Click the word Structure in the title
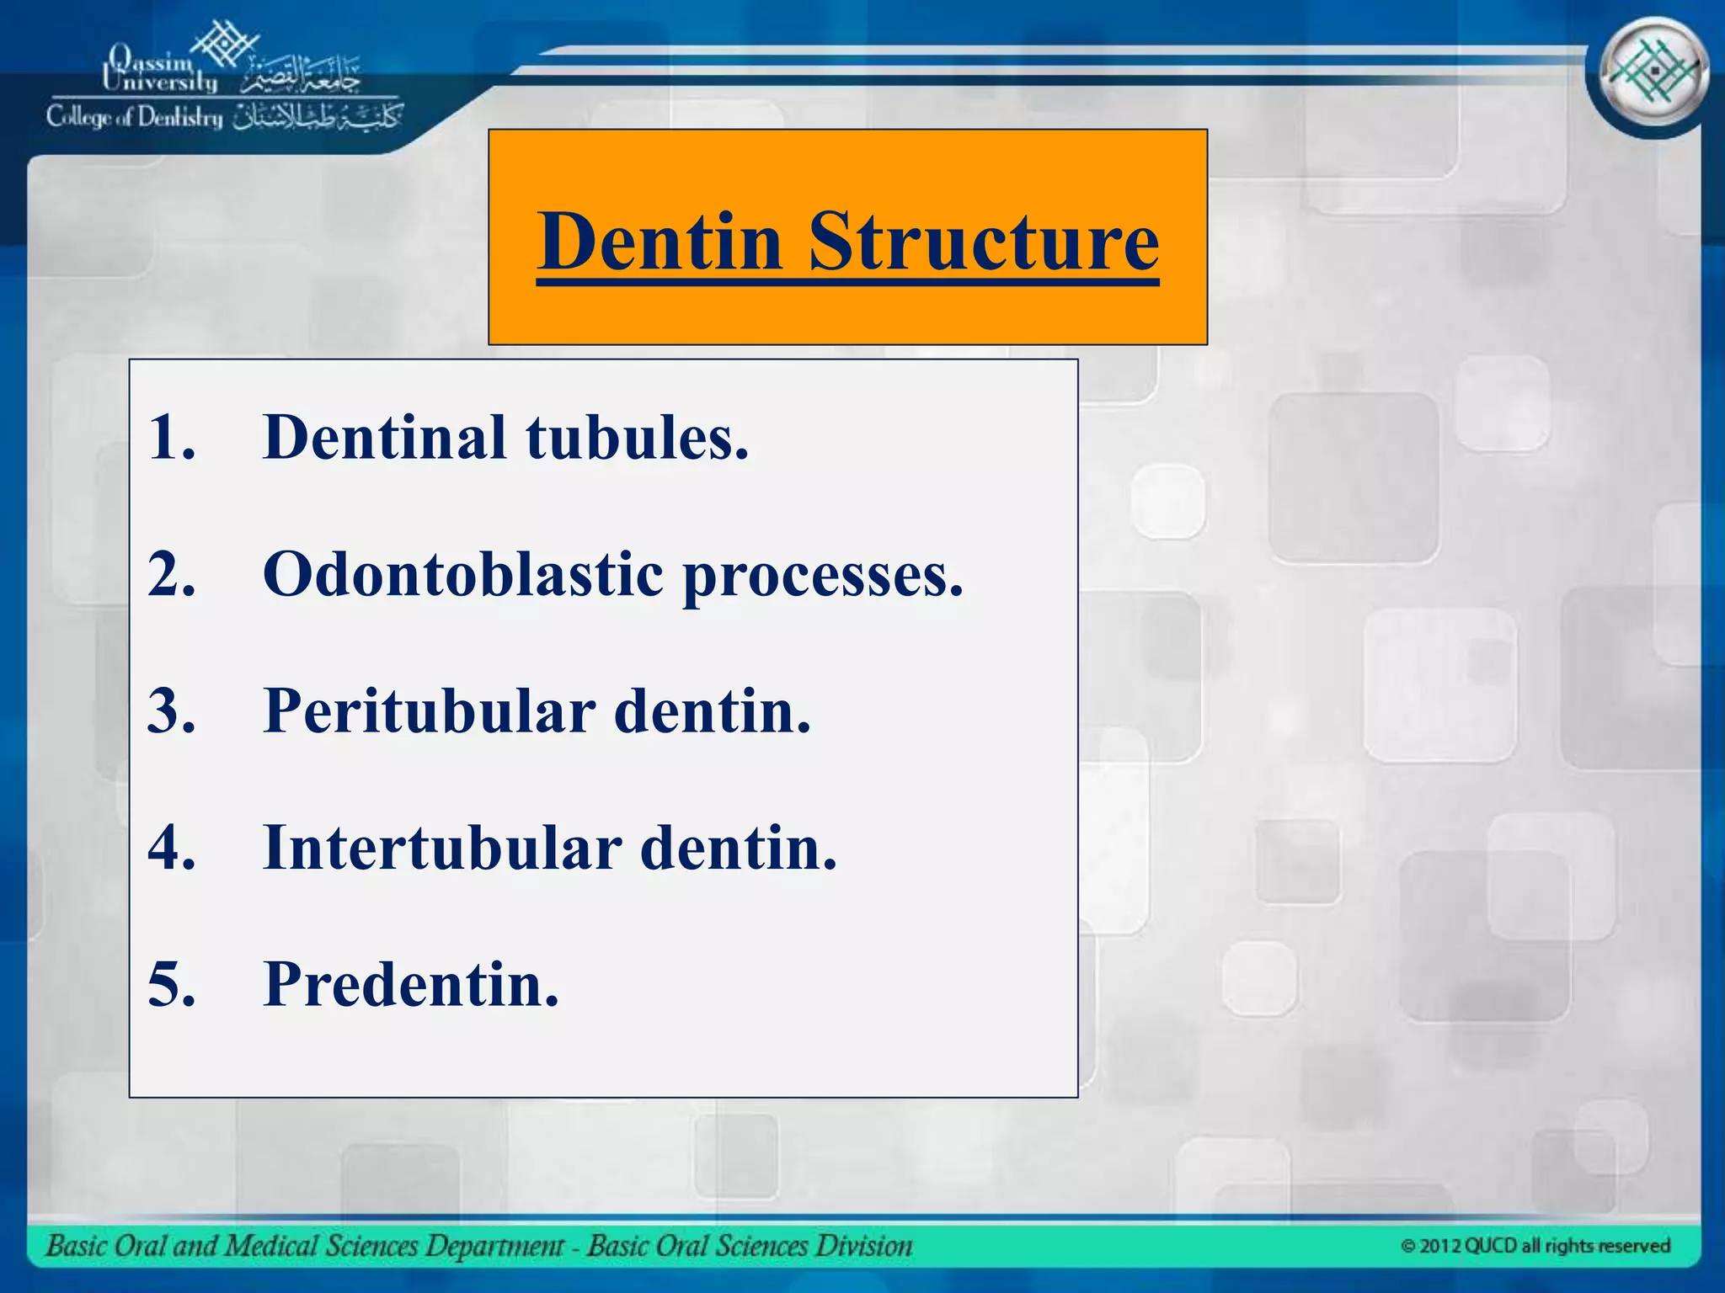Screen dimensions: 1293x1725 coord(984,242)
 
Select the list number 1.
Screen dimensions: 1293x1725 coord(171,438)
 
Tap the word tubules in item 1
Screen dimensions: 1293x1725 coord(637,438)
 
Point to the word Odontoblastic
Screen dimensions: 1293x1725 coord(463,575)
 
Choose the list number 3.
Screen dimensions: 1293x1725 coord(171,711)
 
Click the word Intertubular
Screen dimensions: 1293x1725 coord(442,848)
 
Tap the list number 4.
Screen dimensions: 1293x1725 coord(171,848)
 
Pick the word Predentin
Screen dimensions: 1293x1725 coord(411,984)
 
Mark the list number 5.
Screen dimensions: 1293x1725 coord(171,984)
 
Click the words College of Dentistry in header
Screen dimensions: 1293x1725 coord(135,117)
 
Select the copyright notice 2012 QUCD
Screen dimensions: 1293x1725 coord(1535,1246)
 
